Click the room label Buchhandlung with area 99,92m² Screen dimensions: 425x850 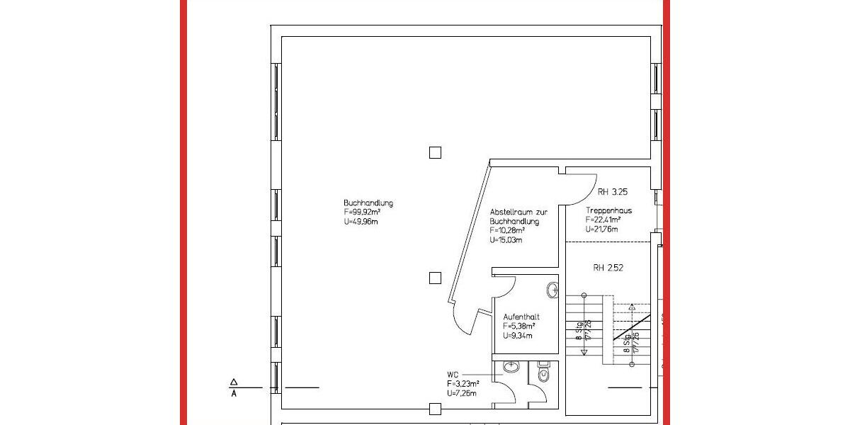tap(368, 203)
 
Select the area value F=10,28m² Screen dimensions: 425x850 tap(508, 231)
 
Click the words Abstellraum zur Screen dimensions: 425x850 tap(518, 212)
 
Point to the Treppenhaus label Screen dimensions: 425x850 tap(608, 211)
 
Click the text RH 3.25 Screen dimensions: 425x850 tap(613, 192)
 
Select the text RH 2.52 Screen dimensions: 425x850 tap(608, 268)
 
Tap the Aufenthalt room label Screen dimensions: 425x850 tap(521, 317)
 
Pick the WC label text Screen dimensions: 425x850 tap(453, 375)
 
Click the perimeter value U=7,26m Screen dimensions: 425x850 tap(461, 393)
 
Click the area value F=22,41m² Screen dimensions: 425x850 tap(603, 220)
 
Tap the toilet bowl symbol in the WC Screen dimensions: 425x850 tap(543, 373)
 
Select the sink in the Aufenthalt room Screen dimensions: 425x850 tap(553, 290)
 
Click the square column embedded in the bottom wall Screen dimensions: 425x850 tap(435, 409)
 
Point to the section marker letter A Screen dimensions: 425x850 tap(234, 394)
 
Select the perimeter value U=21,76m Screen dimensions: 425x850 tap(602, 229)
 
